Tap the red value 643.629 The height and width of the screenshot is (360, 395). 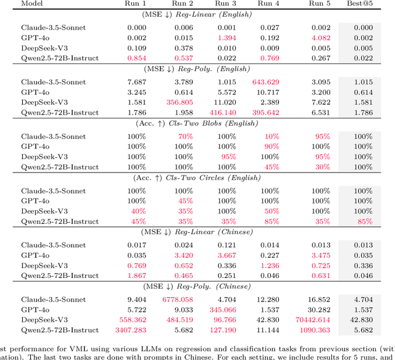coord(265,82)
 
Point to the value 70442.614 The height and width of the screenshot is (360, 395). coord(317,337)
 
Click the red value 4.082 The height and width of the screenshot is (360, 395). coord(321,38)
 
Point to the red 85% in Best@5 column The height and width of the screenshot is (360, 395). coord(364,221)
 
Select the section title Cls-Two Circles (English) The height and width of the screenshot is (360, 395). coord(197,178)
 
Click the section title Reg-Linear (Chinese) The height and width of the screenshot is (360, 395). coord(197,232)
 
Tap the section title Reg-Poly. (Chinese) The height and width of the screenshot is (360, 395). coord(197,286)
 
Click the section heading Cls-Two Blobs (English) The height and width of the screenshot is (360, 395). coord(197,123)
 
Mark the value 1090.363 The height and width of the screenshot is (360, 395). coord(317,348)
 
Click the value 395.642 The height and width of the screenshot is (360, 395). coord(265,113)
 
